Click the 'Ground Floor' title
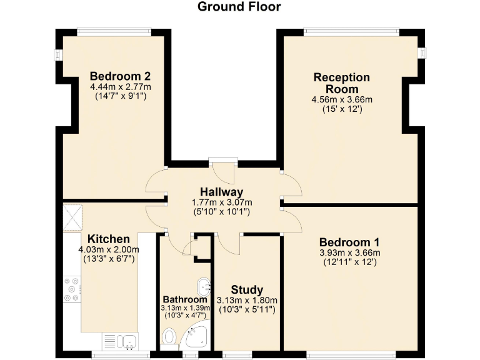pos(239,7)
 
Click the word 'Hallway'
pos(221,191)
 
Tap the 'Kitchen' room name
pos(108,239)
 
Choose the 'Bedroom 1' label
pos(349,242)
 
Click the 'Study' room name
pos(247,289)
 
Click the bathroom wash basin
pos(204,287)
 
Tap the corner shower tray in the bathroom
pos(199,336)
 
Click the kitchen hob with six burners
pos(72,289)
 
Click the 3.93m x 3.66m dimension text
pos(349,252)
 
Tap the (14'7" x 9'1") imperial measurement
pos(121,96)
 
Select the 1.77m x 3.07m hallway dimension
pos(221,202)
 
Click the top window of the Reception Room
pos(351,29)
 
